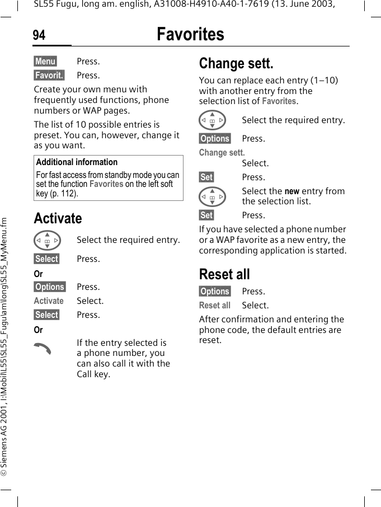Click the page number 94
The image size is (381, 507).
tap(39, 35)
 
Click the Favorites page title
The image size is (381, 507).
tap(190, 34)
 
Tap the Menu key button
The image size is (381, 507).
tap(45, 61)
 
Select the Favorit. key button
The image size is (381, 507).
tap(49, 75)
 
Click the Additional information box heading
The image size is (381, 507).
tap(77, 162)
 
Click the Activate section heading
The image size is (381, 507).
tap(58, 218)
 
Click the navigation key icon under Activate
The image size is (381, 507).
tap(47, 240)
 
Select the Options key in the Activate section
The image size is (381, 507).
tap(50, 287)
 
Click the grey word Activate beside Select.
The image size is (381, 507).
tap(49, 301)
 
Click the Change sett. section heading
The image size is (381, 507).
tap(236, 63)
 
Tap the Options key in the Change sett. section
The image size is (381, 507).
tap(215, 138)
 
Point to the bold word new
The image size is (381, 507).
tap(292, 191)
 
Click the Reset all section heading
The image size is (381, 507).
tap(224, 274)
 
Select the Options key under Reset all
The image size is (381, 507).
tap(215, 291)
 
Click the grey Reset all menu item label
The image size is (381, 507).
tap(215, 305)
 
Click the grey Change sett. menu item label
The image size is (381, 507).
tap(222, 152)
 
